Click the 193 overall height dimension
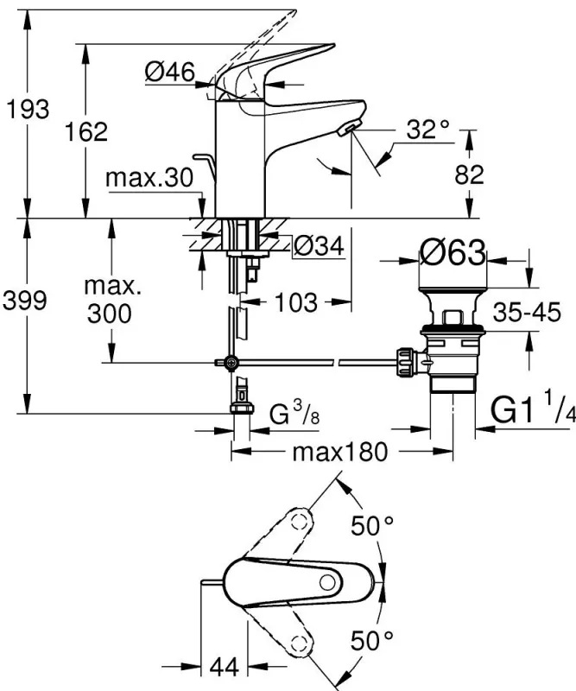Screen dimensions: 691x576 [26, 109]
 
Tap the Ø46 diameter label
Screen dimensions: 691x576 [168, 73]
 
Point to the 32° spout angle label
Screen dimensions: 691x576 [429, 130]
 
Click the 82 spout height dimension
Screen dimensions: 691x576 [470, 174]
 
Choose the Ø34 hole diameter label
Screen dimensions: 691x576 [319, 247]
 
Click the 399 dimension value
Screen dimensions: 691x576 [27, 301]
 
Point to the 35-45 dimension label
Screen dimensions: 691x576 [528, 312]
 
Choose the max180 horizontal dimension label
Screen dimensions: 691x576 [337, 451]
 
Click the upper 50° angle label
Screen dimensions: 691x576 [372, 524]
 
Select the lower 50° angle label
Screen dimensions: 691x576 [372, 640]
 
